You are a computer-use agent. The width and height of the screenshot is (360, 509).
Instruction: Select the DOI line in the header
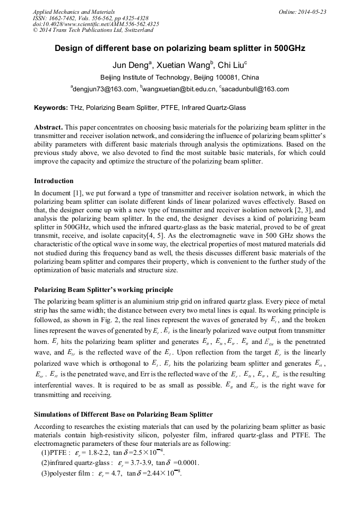pyautogui.click(x=96, y=24)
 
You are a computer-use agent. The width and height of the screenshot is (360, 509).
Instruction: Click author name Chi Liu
pyautogui.click(x=232, y=65)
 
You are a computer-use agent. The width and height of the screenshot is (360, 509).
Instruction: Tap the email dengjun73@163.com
pyautogui.click(x=104, y=89)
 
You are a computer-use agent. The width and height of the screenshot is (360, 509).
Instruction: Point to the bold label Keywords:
pyautogui.click(x=51, y=108)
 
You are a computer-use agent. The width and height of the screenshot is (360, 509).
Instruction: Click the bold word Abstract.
pyautogui.click(x=48, y=128)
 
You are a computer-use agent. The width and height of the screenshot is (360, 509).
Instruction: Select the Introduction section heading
pyautogui.click(x=54, y=181)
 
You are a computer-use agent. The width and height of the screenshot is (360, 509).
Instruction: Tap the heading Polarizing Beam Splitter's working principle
pyautogui.click(x=103, y=290)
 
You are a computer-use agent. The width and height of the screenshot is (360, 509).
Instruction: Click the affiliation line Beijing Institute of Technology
pyautogui.click(x=180, y=77)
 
